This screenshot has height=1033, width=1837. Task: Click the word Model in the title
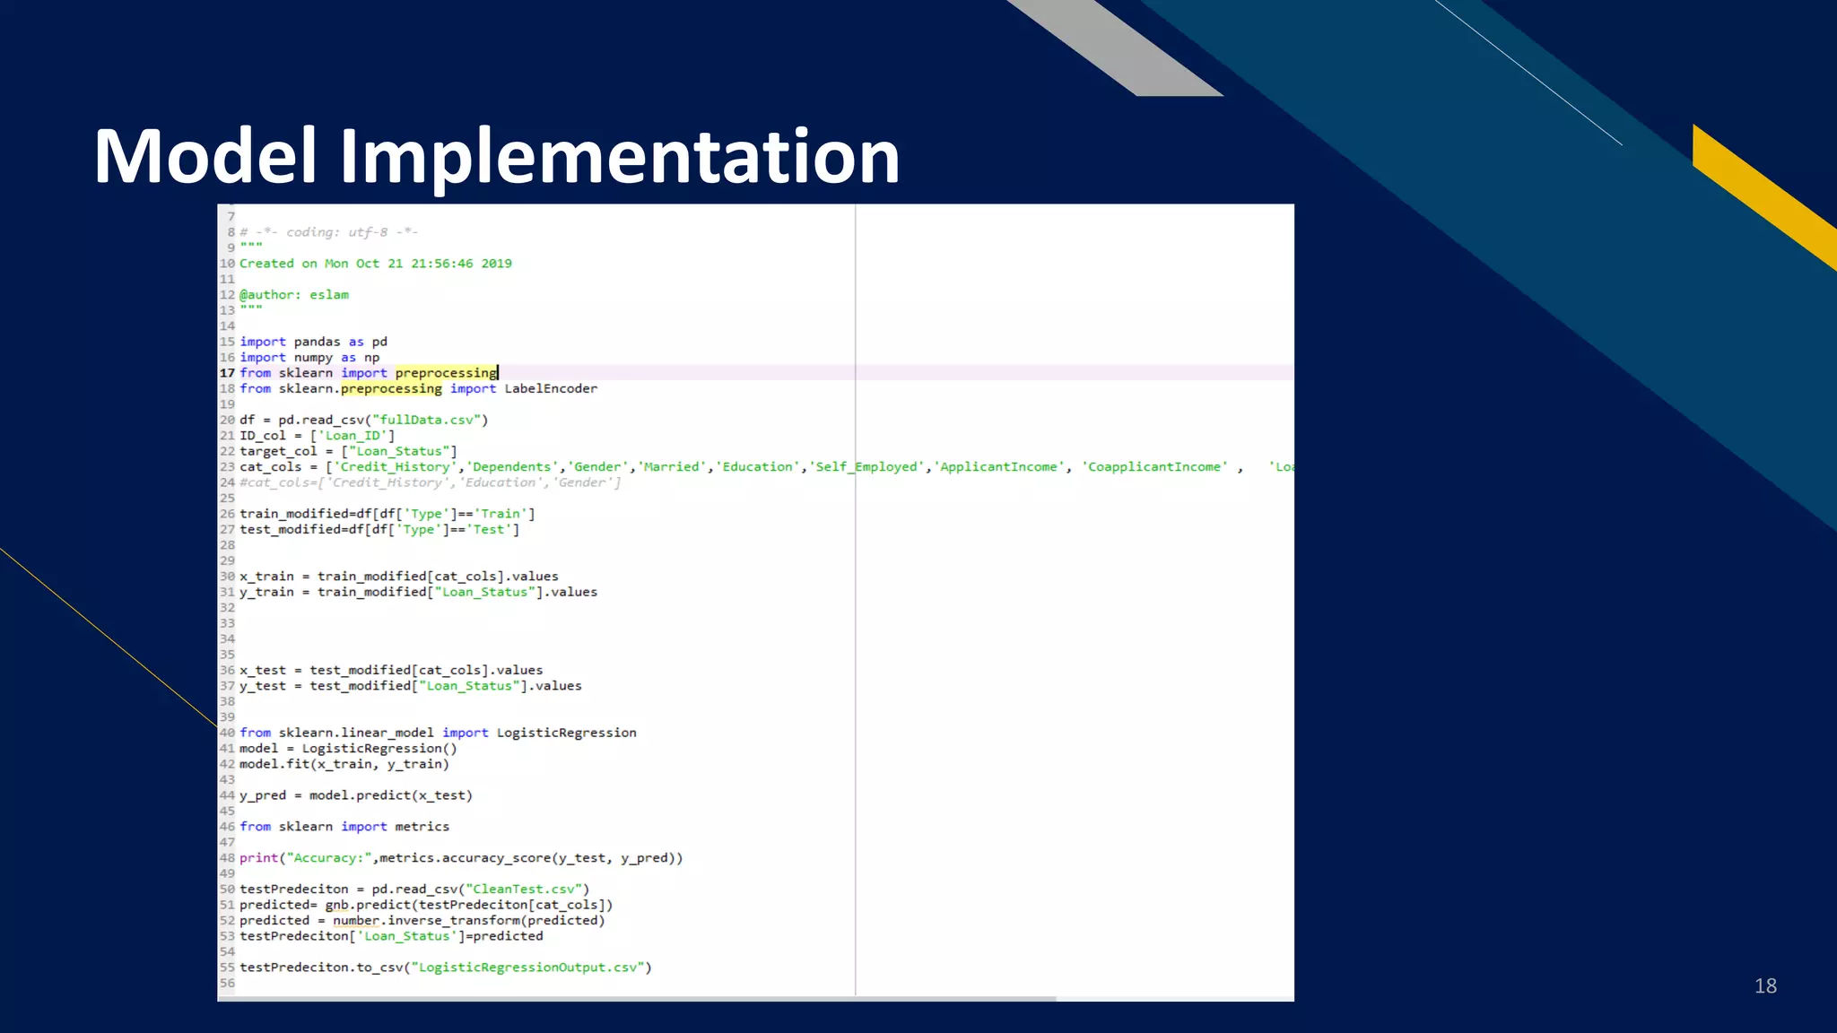pyautogui.click(x=205, y=157)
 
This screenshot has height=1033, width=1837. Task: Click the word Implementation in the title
pyautogui.click(x=619, y=157)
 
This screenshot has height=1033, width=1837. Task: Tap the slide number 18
pyautogui.click(x=1765, y=985)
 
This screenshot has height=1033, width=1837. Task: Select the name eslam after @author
pyautogui.click(x=329, y=295)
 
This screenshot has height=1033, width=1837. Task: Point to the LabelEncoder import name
pyautogui.click(x=550, y=388)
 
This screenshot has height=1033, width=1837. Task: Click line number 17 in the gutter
pyautogui.click(x=227, y=373)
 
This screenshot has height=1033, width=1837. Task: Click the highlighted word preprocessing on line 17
pyautogui.click(x=446, y=373)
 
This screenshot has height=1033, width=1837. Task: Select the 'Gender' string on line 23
pyautogui.click(x=598, y=467)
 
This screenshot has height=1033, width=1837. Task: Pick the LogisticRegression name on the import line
pyautogui.click(x=566, y=733)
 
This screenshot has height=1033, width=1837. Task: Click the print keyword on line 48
pyautogui.click(x=258, y=858)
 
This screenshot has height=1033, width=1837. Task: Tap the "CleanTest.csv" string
pyautogui.click(x=524, y=890)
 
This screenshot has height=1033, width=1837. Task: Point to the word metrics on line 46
pyautogui.click(x=422, y=827)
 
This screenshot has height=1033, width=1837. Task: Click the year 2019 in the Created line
pyautogui.click(x=496, y=264)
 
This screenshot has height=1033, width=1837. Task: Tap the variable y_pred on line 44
pyautogui.click(x=262, y=795)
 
